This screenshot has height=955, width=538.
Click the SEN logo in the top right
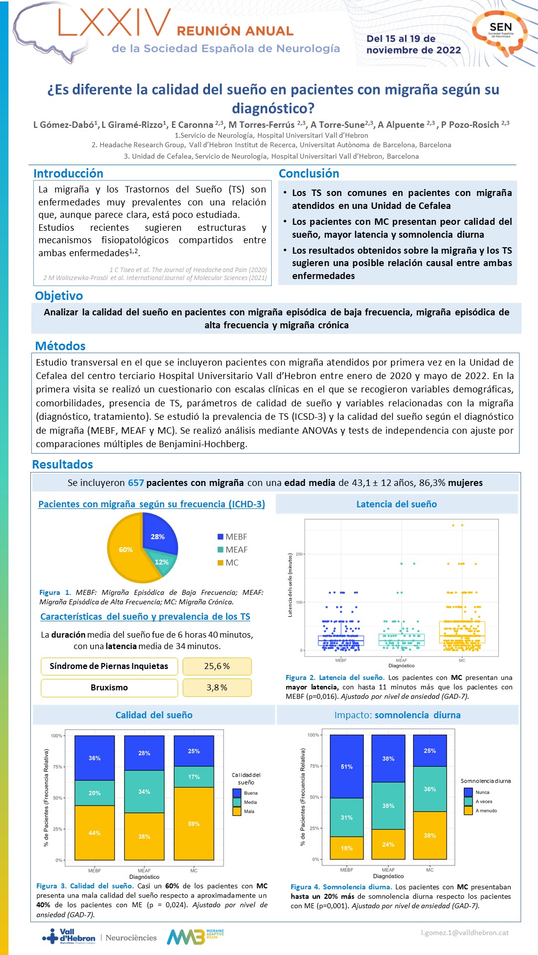(500, 32)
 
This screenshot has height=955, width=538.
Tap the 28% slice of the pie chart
(158, 536)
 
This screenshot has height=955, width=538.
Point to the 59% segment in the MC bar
(194, 824)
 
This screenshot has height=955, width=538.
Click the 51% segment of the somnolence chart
(346, 766)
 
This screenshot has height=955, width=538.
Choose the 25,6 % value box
(217, 666)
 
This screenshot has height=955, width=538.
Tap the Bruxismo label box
(109, 687)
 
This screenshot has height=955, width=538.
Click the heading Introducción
(68, 174)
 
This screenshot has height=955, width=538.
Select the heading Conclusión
(309, 174)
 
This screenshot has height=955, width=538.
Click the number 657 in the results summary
(136, 483)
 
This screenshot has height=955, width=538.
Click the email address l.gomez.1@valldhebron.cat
(465, 933)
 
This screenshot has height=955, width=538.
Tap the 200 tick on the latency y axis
(299, 554)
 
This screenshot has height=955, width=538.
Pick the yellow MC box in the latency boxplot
(462, 632)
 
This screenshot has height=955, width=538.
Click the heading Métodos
(60, 346)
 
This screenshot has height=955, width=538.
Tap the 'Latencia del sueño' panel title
(397, 504)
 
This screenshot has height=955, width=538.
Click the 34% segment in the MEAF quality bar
(144, 791)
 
